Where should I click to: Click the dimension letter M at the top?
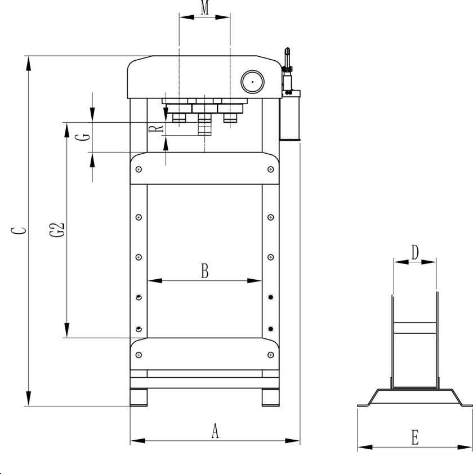pos(205,7)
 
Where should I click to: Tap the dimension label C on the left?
pos(19,231)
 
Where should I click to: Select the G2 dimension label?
pos(57,230)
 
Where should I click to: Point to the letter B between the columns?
pos(205,271)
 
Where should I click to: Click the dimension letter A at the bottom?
pos(215,431)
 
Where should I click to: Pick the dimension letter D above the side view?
pos(415,252)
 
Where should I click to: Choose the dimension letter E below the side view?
pos(415,437)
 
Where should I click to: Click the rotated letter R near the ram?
pos(157,129)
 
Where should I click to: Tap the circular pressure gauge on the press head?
pos(252,82)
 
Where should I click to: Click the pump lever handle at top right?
pos(287,57)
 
